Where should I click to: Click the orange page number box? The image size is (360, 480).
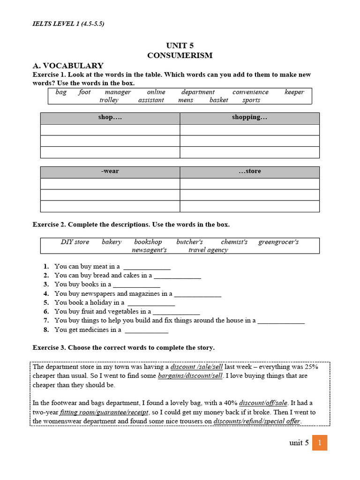pos(319,442)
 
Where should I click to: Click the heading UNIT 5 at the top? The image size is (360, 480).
pos(180,45)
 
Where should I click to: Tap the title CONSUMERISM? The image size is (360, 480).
pos(180,55)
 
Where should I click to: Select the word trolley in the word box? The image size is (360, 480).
pos(109,100)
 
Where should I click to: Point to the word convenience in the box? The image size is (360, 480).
pos(250,92)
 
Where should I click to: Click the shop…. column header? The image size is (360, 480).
pos(110,118)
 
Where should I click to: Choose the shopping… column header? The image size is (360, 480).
pos(249,118)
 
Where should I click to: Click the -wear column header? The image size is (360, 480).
pos(110,172)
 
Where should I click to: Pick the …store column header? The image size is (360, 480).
pos(249,172)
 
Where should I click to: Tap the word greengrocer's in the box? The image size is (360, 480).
pos(278,242)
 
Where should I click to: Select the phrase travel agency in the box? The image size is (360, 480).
pos(208,250)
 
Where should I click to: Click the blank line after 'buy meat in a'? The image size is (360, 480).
pos(147,267)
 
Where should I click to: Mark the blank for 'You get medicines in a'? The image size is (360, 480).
pos(146,330)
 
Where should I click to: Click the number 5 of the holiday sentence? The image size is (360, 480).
pos(46,303)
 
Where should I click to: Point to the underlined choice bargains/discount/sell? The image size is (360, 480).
pos(190,376)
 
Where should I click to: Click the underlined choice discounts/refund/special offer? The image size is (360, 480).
pos(257,421)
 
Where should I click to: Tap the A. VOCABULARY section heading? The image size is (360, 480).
pos(68,66)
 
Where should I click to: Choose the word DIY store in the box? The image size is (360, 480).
pos(75,242)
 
